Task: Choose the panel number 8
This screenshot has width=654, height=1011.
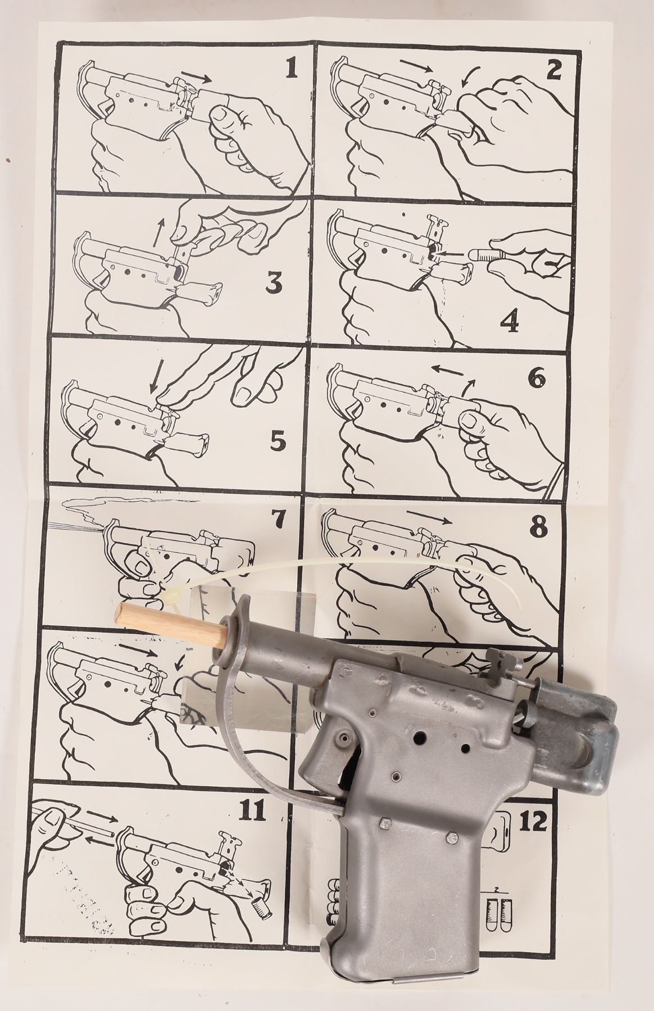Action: (x=538, y=526)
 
